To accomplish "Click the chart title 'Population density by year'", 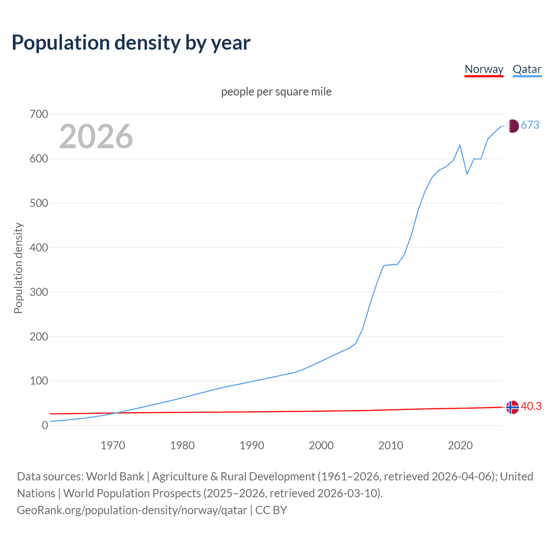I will click(131, 42).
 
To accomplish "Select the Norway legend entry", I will click(484, 69).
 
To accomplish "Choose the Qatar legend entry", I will click(527, 69).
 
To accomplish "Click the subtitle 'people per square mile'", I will click(276, 92).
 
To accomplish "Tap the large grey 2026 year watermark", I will click(96, 137).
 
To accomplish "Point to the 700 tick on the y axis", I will click(39, 114).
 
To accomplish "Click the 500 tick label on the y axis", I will click(39, 203).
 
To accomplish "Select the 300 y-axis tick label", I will click(39, 292).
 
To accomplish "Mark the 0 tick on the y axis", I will click(45, 425).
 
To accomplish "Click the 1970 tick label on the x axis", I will click(113, 445).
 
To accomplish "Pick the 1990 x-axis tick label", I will click(252, 445).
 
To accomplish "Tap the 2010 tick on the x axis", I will click(391, 445).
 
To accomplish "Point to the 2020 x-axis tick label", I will click(460, 445).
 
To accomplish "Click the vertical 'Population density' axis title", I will click(18, 268).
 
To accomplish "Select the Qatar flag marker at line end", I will click(512, 126).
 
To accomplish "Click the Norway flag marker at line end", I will click(512, 407).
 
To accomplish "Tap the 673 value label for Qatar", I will click(530, 125).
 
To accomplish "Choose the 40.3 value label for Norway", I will click(531, 407).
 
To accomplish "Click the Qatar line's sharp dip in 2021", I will click(467, 174).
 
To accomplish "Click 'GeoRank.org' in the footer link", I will click(50, 510).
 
